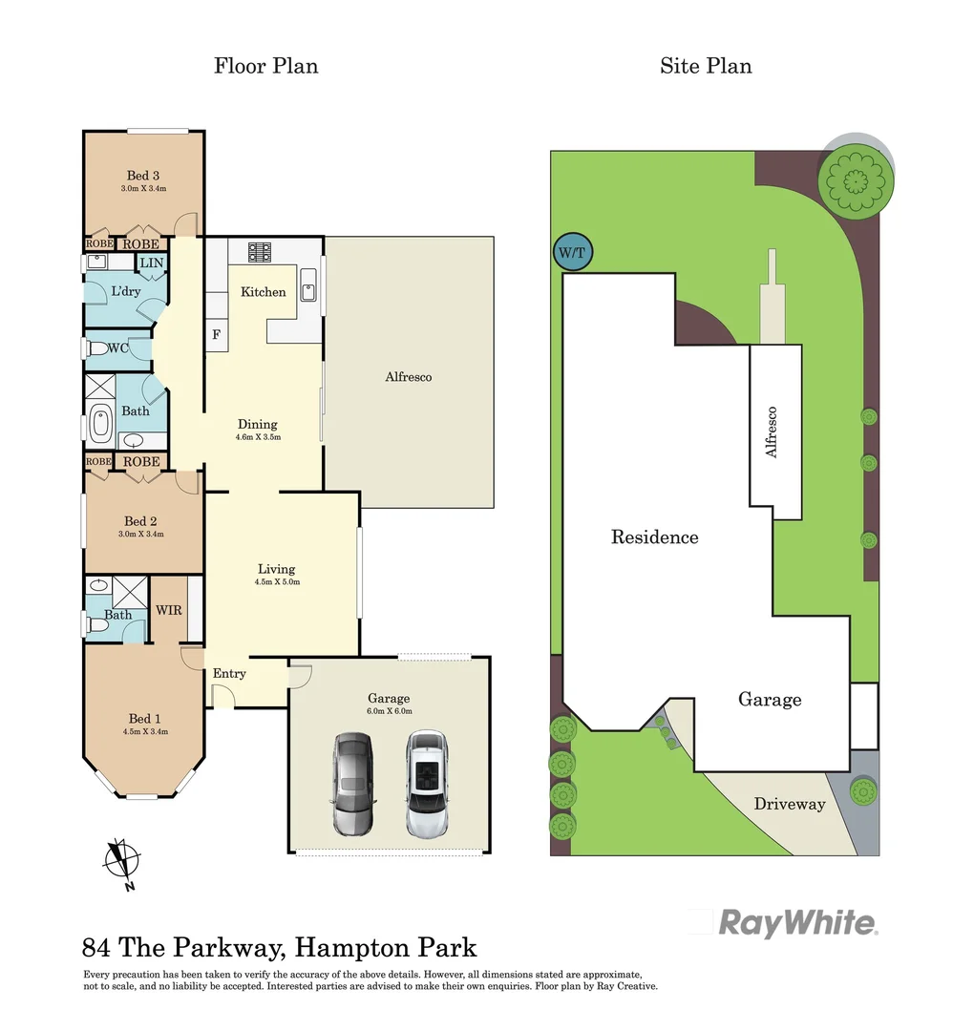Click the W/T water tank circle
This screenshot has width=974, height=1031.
point(573,253)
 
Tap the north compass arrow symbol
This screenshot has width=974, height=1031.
point(121,858)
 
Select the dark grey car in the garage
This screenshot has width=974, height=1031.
point(352,785)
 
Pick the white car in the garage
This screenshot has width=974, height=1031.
point(426,785)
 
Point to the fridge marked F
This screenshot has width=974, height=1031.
point(217,335)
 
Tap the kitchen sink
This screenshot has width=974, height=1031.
point(308,285)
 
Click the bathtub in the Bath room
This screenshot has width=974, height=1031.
point(100,426)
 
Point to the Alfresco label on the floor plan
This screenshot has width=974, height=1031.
point(409,377)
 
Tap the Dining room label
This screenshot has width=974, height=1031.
point(258,425)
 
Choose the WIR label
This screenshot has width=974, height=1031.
point(169,610)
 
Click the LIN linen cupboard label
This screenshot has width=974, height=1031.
point(152,263)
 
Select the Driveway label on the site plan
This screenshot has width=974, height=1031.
point(790,804)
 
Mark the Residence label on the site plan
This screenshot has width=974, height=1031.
point(654,537)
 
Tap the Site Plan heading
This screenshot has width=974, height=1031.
point(706,66)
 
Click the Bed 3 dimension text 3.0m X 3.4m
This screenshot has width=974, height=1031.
point(143,189)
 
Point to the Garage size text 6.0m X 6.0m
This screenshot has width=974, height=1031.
point(389,711)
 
